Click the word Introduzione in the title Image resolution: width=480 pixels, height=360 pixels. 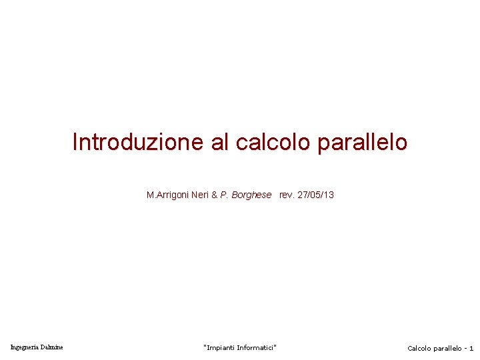pos(139,142)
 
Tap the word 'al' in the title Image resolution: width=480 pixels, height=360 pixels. pos(221,142)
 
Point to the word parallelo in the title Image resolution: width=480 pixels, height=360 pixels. pos(363,142)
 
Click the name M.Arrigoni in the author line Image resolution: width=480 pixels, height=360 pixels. pos(167,195)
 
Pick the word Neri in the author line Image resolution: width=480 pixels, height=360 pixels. pos(200,195)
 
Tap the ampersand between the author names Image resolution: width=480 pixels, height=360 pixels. pos(215,195)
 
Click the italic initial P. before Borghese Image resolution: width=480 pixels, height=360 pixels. pos(225,195)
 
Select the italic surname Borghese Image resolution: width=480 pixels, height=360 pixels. pos(251,195)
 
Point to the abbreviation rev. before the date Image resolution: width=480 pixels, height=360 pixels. pos(287,195)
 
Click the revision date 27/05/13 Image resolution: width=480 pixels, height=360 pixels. pos(315,195)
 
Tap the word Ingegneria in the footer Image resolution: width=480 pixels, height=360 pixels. pos(25,347)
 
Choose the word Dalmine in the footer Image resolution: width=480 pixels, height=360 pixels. pos(52,347)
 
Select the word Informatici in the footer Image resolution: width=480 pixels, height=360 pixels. pos(257,348)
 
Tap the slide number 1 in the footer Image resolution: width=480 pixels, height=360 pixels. pos(471,349)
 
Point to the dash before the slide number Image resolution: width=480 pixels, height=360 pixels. pos(465,349)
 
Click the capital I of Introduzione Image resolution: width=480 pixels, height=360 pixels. pos(75,142)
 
